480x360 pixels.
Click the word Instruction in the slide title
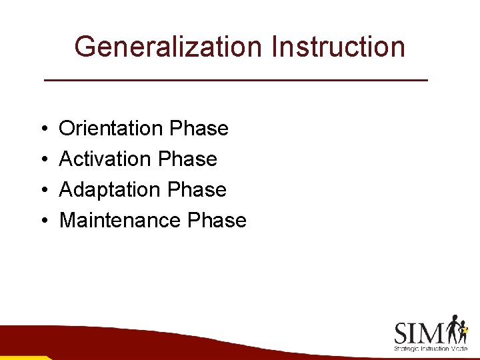point(340,47)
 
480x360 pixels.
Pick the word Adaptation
point(111,189)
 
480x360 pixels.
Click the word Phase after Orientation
point(199,128)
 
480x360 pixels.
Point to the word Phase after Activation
point(188,159)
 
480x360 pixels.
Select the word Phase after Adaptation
point(197,189)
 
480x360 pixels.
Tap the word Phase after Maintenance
point(217,220)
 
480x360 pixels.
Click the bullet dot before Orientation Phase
point(42,129)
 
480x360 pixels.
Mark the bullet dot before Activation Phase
point(42,159)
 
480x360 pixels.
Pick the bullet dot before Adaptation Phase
point(42,190)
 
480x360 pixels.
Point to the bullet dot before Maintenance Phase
point(42,221)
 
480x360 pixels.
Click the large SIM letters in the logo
point(420,333)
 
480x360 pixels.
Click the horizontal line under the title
point(235,80)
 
